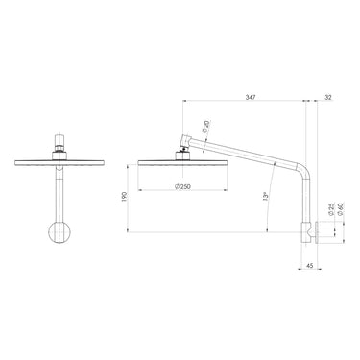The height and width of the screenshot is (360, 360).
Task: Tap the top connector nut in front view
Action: click(x=60, y=147)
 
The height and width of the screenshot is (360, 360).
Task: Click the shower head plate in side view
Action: click(x=182, y=159)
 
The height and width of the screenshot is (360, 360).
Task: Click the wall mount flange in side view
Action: click(x=315, y=230)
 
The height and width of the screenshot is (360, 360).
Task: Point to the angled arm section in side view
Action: click(x=250, y=159)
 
